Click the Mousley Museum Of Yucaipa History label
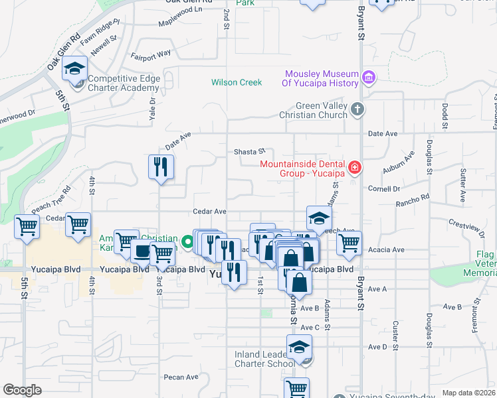(322, 78)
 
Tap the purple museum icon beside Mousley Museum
(370, 78)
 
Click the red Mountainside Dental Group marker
(355, 166)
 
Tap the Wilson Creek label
(237, 83)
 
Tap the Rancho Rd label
(416, 198)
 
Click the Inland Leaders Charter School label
(264, 359)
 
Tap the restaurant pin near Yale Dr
(161, 169)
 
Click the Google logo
(22, 390)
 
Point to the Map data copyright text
(468, 393)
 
